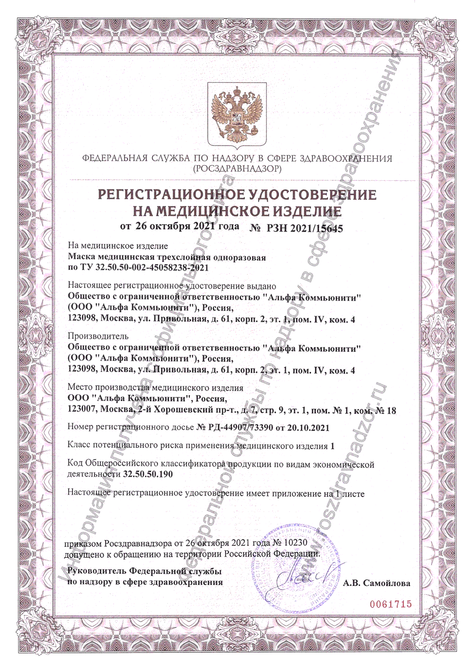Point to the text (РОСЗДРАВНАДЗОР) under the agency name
pyautogui.click(x=237, y=169)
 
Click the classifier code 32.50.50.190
pyautogui.click(x=148, y=474)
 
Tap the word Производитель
pyautogui.click(x=98, y=336)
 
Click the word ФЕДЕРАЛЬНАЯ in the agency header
pyautogui.click(x=114, y=159)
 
